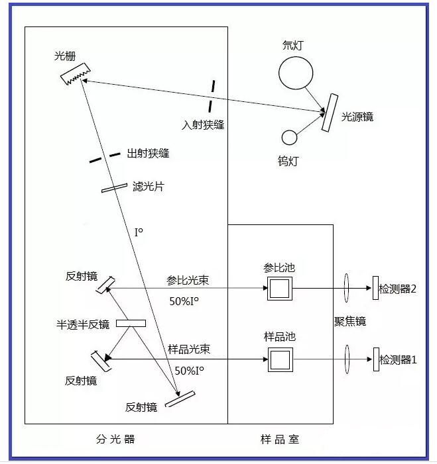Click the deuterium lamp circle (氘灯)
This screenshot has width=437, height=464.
click(295, 72)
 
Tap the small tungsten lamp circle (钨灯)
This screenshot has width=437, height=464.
click(289, 137)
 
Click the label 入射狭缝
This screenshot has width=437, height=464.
click(203, 124)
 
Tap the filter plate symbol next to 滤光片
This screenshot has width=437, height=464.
click(114, 189)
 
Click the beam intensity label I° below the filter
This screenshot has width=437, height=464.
click(139, 233)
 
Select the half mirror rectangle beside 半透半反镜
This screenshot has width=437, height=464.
click(131, 323)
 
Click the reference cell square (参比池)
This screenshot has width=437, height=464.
click(279, 289)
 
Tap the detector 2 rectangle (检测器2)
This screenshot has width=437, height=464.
click(375, 288)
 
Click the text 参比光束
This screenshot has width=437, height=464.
click(188, 280)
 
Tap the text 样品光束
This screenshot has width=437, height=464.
click(189, 349)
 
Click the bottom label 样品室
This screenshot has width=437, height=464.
click(279, 439)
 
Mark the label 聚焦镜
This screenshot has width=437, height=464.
click(350, 322)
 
